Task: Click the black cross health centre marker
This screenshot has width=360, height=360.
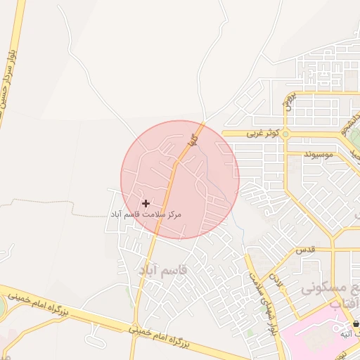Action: pos(146,203)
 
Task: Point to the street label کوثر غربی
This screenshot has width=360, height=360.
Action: pos(264,133)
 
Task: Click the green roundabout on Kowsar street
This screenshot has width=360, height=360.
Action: pos(285,133)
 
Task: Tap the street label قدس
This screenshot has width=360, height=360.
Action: pos(304,249)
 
